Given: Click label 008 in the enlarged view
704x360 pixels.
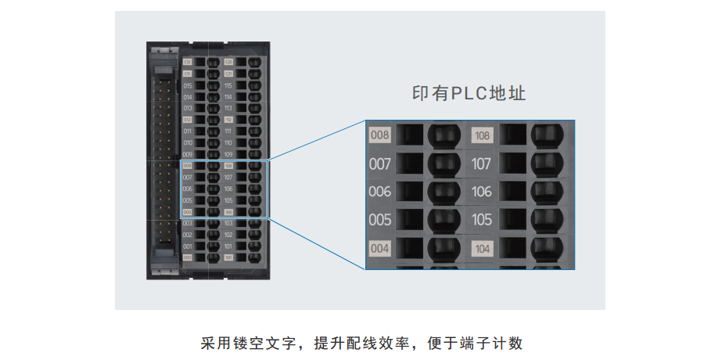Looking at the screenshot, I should (379, 135).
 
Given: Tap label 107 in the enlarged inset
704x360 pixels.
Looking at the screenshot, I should (482, 164).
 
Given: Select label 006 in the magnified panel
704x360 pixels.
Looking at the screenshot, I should (379, 192).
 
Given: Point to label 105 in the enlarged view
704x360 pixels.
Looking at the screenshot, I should (482, 220).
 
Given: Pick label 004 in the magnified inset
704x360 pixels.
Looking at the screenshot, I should (379, 249).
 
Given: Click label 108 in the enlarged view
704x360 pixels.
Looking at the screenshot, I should (482, 135).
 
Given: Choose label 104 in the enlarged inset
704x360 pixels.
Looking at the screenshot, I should (482, 249).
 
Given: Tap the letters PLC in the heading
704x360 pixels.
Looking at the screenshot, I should (469, 94).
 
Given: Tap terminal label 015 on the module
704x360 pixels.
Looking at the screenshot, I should (188, 85).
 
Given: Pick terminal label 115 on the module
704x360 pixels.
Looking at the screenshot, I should (228, 85).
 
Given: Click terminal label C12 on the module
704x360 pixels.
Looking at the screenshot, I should (188, 61).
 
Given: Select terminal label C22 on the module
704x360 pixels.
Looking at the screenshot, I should (228, 61).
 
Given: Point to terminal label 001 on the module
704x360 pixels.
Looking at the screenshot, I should (188, 246).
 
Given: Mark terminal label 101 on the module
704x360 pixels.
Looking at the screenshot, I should (228, 246).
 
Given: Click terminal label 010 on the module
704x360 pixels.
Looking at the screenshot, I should (188, 142).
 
